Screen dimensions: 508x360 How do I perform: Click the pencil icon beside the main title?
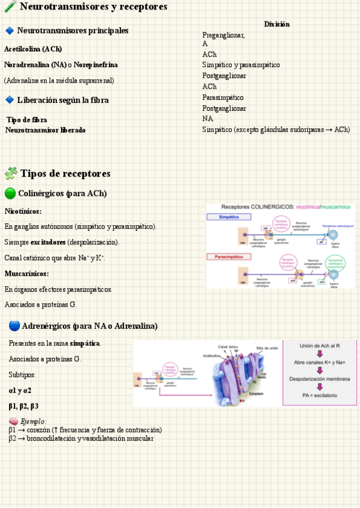pos(10,7)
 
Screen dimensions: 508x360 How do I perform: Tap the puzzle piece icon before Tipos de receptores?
pos(11,174)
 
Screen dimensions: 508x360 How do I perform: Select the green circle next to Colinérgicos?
pos(10,193)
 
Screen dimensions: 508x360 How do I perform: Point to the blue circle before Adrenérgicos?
pos(14,326)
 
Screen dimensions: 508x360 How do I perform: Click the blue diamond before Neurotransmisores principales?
pos(10,31)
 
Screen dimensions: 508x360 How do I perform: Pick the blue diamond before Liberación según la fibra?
pos(10,100)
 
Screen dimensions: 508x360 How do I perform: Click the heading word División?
pos(277,24)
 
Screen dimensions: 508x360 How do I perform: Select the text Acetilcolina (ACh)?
pos(33,49)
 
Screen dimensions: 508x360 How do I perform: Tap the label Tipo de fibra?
pos(27,120)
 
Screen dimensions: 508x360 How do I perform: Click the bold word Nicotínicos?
pos(23,211)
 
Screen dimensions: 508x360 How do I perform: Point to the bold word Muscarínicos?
pos(26,274)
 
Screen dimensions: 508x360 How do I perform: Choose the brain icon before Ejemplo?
pos(13,421)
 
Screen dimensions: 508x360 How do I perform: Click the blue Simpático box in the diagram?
pos(229,217)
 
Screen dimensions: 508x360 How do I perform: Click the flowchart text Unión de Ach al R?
pos(320,346)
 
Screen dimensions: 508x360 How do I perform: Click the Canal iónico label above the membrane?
pos(228,347)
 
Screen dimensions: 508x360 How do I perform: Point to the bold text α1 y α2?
pos(20,391)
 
